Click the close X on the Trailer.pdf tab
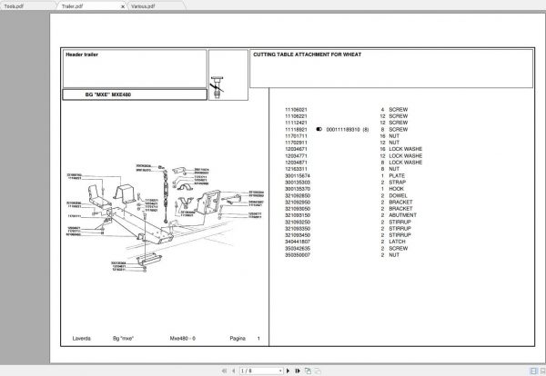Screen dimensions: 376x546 pos(125,5)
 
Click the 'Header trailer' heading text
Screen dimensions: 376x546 pos(81,54)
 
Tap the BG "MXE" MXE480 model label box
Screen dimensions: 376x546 pos(109,94)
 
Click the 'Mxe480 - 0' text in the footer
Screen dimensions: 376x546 pos(185,339)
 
